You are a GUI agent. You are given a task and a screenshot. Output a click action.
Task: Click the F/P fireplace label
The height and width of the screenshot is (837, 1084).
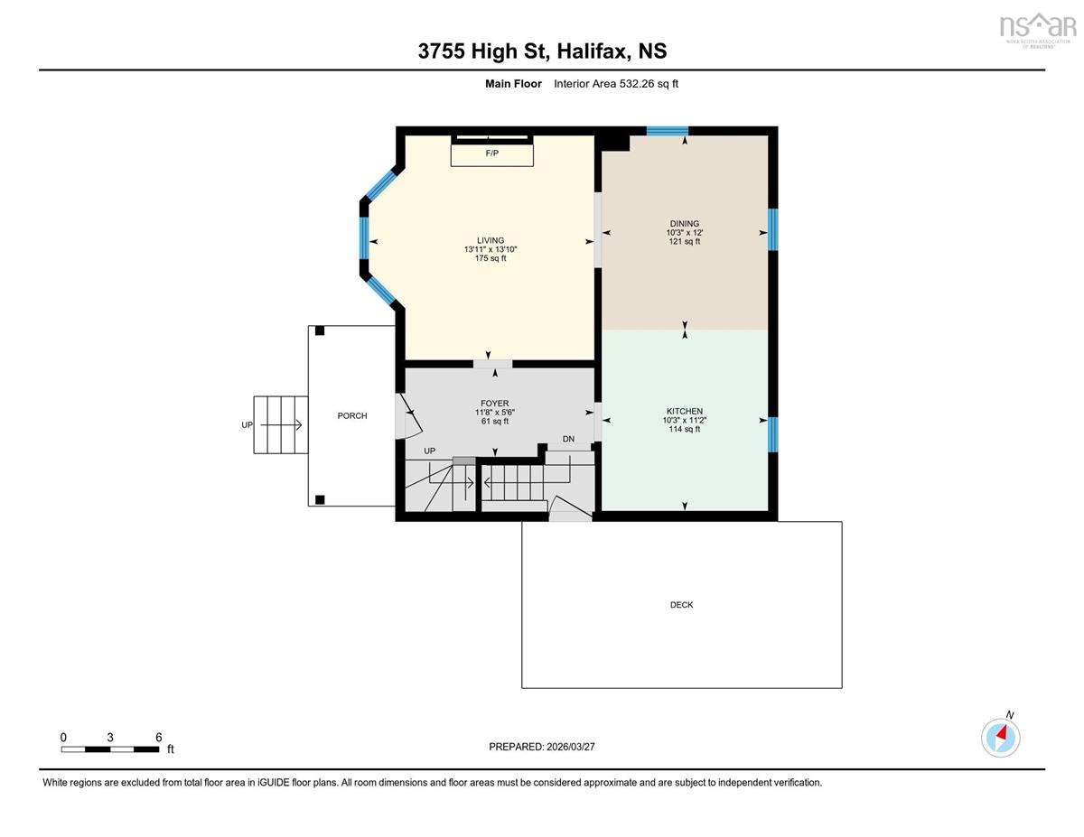coord(492,153)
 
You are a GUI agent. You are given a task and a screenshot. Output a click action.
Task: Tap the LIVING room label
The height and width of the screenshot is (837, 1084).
coord(491,240)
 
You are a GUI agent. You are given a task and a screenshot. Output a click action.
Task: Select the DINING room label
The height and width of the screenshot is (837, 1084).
coord(685,224)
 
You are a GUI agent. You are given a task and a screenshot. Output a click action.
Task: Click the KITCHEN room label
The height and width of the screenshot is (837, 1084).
coord(685,411)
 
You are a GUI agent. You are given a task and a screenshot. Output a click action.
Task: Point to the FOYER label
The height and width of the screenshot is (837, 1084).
coord(495,404)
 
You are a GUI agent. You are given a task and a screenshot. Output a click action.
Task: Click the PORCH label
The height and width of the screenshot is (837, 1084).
coord(352,415)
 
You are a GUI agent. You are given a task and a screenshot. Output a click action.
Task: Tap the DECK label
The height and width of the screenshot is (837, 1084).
coord(681,605)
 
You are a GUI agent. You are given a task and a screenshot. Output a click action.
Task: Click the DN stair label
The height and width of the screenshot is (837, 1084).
coord(568,439)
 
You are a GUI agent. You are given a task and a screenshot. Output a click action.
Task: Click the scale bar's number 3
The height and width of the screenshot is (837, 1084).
coord(109,738)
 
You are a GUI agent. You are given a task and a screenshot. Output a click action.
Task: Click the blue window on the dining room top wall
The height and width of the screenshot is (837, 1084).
coord(668,131)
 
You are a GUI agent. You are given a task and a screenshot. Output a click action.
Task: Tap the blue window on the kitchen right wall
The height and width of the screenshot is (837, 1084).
coord(772,434)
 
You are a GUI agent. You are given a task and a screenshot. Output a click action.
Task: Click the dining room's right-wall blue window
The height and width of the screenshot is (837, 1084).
coord(772,229)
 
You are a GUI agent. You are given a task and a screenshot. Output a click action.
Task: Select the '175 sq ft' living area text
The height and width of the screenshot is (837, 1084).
coord(491,258)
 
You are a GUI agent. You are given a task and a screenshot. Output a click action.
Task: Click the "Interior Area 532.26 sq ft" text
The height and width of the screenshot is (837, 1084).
coord(615,84)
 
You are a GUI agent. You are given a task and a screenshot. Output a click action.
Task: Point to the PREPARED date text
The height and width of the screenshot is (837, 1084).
coord(542,747)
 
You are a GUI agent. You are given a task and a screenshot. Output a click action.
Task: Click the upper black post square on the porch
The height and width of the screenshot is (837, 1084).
coord(320,330)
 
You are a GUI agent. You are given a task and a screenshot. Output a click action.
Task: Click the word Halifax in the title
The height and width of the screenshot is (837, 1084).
coord(593,51)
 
